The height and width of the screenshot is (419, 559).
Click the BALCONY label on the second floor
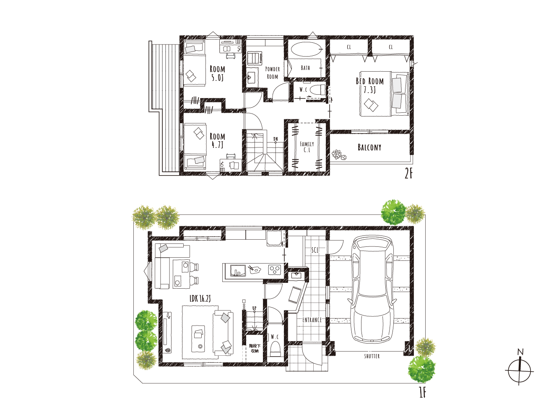(369, 147)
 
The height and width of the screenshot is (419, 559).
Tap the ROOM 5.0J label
(218, 73)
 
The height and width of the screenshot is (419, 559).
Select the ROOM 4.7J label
(218, 141)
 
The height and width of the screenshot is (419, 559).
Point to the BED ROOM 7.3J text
(370, 85)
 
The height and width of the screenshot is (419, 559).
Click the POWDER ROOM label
(273, 73)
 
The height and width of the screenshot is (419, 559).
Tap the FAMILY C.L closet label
(307, 147)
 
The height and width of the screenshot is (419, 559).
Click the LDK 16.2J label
(200, 298)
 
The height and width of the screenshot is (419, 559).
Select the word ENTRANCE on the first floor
(312, 320)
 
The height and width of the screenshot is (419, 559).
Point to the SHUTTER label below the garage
(372, 356)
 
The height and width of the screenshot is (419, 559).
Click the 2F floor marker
(408, 174)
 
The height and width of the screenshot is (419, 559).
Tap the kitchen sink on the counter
(238, 270)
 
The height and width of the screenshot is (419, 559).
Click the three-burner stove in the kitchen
(275, 270)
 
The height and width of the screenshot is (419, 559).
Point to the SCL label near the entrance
(315, 250)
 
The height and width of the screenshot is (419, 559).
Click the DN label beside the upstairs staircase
(276, 139)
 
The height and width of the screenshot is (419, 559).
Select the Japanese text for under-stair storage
(255, 349)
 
